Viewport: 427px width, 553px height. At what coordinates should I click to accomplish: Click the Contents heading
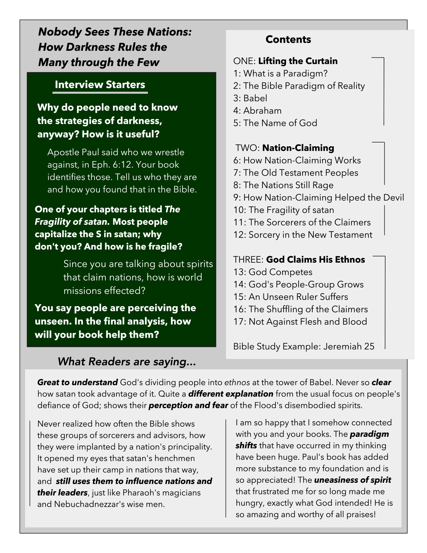288,40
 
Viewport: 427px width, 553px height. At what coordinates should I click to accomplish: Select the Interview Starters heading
100,85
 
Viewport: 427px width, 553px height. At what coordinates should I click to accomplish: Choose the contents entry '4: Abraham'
257,111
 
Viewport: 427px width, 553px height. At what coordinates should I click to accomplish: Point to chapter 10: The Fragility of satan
283,210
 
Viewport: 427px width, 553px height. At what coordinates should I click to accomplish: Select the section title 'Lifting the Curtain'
298,61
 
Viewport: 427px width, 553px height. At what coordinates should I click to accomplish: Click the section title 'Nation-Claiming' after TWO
298,148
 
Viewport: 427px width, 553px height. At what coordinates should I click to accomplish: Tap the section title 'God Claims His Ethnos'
315,259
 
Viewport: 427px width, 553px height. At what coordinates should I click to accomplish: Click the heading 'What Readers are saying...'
127,362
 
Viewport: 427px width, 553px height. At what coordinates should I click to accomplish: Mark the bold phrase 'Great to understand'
77,382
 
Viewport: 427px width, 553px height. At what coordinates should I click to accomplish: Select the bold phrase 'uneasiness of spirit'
352,480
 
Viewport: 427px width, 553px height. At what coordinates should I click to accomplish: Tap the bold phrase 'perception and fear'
188,405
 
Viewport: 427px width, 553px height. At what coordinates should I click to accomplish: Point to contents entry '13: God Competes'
273,272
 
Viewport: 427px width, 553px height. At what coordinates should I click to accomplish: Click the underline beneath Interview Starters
100,93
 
